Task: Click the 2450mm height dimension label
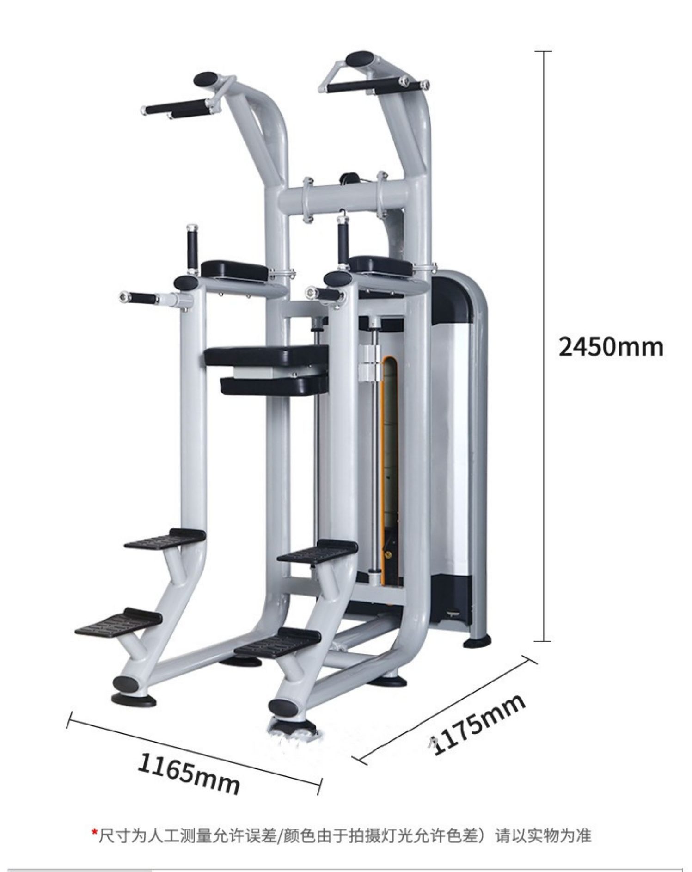(x=611, y=347)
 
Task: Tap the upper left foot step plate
(x=165, y=540)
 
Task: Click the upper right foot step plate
(x=318, y=551)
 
